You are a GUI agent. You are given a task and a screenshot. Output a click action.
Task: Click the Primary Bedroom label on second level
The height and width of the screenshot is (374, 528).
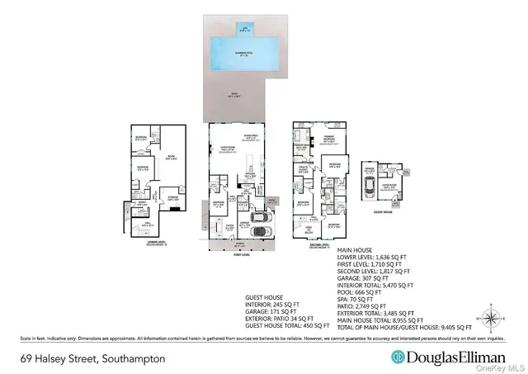point(328,140)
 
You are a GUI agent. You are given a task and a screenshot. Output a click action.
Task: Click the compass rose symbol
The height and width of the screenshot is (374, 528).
point(493,315)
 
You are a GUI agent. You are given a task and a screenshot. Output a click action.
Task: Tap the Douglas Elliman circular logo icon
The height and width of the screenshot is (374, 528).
point(398,359)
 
